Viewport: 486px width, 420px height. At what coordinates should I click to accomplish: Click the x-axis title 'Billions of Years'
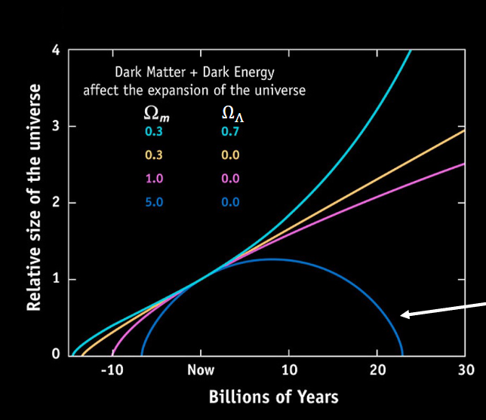[x=273, y=397]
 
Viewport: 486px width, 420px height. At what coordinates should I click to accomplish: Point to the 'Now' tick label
[x=201, y=369]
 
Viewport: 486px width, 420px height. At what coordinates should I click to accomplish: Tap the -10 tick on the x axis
[x=112, y=369]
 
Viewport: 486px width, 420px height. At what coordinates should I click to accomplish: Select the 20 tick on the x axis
[x=378, y=369]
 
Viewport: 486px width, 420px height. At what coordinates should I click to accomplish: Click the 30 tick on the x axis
[x=466, y=369]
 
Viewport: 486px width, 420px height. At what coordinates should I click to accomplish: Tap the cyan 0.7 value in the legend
[x=230, y=132]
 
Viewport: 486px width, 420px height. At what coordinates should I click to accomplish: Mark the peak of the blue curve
[x=272, y=259]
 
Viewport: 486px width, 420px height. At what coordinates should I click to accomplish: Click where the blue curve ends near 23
[x=402, y=354]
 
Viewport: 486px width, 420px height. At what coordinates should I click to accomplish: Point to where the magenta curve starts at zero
[x=113, y=354]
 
